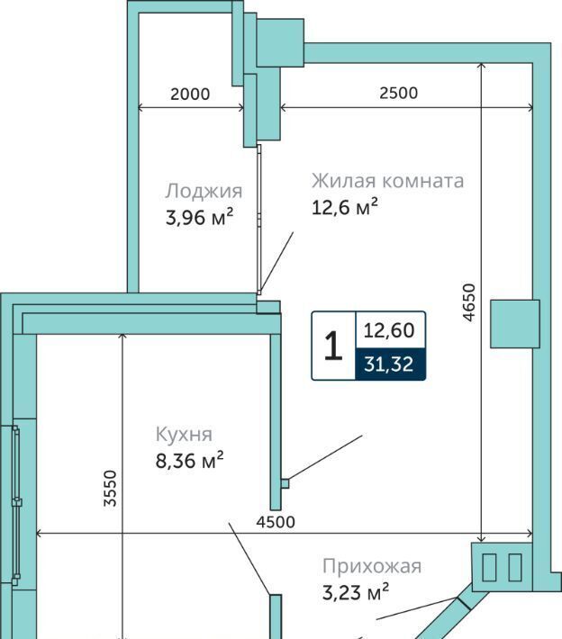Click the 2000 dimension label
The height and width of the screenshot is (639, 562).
point(190,94)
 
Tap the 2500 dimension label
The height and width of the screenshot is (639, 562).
point(398,93)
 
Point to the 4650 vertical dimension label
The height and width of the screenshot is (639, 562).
point(470,302)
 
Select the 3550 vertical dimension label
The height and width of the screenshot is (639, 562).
point(110,488)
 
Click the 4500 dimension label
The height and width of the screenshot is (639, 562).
point(276,522)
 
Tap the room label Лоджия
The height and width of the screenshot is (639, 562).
point(204,191)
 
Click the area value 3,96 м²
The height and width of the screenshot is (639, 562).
point(199,217)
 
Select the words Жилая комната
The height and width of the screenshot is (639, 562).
point(388,181)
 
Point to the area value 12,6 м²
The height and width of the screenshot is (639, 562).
point(345,207)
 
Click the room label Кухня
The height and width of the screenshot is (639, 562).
point(184,435)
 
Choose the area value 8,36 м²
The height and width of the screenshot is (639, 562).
point(190,461)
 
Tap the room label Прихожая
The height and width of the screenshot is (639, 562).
point(372,566)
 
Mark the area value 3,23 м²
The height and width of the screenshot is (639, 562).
point(356,592)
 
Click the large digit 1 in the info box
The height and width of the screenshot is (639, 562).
point(333,346)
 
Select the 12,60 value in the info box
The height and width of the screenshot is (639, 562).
point(389,330)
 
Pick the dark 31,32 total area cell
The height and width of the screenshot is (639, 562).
point(390,364)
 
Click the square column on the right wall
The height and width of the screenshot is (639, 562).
point(514,324)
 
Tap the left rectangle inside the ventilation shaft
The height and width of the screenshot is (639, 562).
point(489,567)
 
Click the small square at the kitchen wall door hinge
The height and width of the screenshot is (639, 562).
point(286,483)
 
